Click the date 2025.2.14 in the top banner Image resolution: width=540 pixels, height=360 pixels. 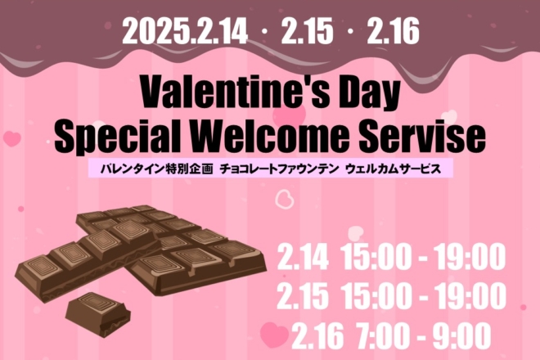pyautogui.click(x=185, y=31)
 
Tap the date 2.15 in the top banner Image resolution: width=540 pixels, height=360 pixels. pyautogui.click(x=307, y=31)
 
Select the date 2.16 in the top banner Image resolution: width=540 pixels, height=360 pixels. pyautogui.click(x=393, y=31)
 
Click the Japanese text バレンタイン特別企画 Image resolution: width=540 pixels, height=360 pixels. pyautogui.click(x=157, y=169)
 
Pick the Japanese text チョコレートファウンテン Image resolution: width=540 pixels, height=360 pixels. pyautogui.click(x=279, y=169)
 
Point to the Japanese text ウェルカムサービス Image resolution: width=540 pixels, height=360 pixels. pyautogui.click(x=394, y=169)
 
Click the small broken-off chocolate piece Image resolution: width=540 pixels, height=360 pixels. pyautogui.click(x=98, y=314)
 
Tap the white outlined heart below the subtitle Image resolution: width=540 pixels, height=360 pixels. pyautogui.click(x=285, y=199)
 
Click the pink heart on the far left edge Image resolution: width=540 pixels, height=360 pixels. pyautogui.click(x=12, y=138)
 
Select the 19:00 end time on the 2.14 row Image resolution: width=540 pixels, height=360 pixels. pyautogui.click(x=469, y=257)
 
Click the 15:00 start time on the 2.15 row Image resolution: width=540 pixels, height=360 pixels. pyautogui.click(x=377, y=296)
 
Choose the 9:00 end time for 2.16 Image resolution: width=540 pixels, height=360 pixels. pyautogui.click(x=461, y=335)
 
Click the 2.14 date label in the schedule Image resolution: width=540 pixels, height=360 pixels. pyautogui.click(x=303, y=257)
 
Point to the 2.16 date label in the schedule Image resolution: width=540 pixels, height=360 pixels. pyautogui.click(x=318, y=335)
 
